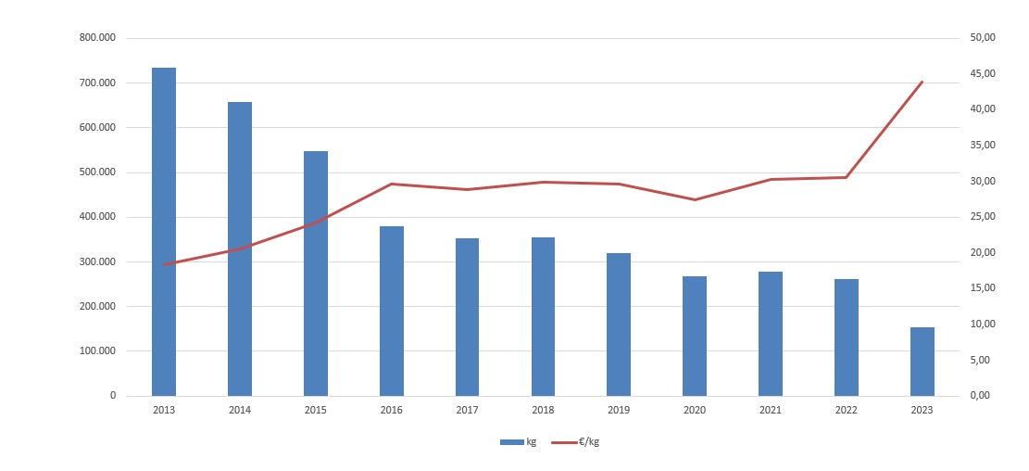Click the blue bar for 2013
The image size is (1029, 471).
(164, 232)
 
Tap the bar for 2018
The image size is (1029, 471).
(543, 316)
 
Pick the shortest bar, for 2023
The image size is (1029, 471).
(922, 362)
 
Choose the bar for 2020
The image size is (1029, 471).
(695, 336)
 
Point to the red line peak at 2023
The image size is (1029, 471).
(922, 82)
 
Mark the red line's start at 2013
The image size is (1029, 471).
(164, 264)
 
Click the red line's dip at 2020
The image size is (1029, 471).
(695, 199)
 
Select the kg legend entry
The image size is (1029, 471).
(518, 441)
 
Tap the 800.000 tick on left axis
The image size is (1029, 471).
(98, 38)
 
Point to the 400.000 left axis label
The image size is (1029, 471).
(98, 217)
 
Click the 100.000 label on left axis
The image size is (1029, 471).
(98, 351)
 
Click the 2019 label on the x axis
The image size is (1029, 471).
(619, 410)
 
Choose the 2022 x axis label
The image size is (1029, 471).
(847, 410)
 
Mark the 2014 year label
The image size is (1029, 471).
(240, 410)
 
